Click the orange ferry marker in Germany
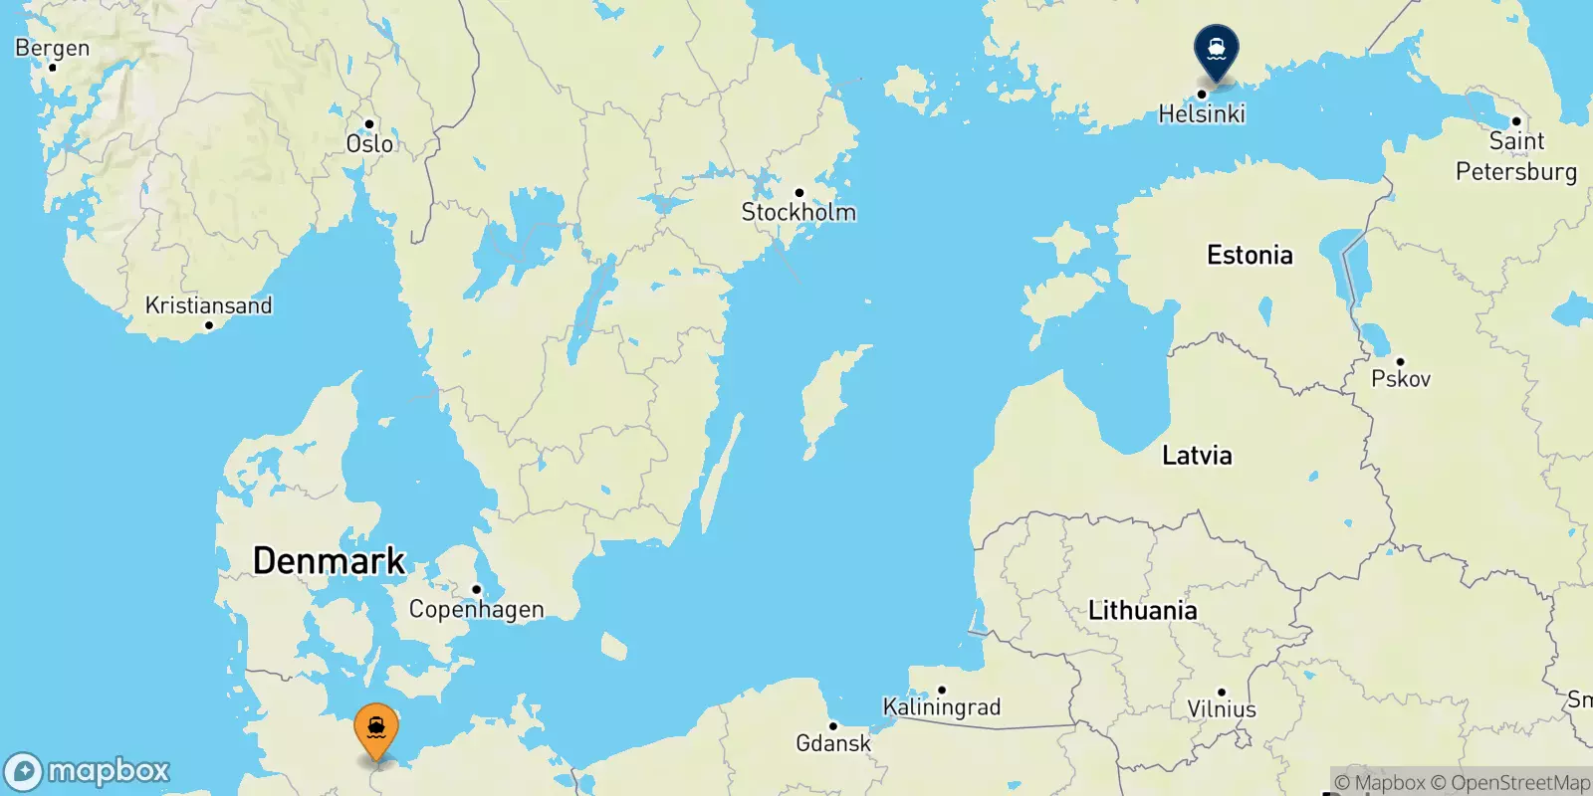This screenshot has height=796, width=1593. coord(376,731)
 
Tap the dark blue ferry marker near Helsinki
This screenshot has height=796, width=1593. coord(1216,48)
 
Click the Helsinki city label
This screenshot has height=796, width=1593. coord(1202,113)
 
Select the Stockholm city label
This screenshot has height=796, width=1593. coord(798,212)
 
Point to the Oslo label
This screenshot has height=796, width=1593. coord(369,143)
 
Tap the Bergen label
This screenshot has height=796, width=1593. coord(53,48)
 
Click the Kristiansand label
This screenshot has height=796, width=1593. coord(208,304)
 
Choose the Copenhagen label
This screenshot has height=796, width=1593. coord(476,609)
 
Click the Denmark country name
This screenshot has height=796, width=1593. coord(329,560)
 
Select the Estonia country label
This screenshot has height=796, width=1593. coord(1250,255)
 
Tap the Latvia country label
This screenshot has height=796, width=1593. coord(1197,455)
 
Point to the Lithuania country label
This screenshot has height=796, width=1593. coord(1142,610)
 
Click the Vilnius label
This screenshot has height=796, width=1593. coord(1222,709)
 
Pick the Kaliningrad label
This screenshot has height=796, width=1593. coord(942,706)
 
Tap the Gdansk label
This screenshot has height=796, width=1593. coord(833,742)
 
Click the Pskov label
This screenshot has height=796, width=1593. coord(1401,378)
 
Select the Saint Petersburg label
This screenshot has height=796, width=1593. coord(1516,156)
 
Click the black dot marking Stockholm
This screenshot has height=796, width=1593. coord(798,193)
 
